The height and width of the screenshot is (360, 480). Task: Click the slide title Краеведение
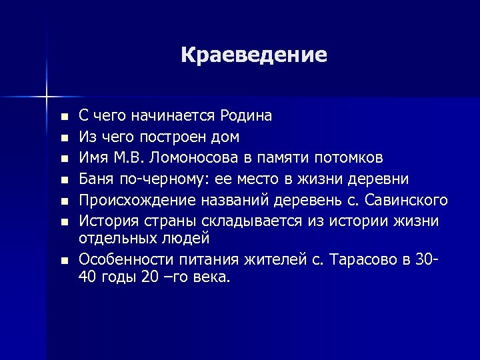coord(253,55)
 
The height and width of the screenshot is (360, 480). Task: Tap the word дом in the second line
coord(226,137)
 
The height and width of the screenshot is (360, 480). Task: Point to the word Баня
coord(95,179)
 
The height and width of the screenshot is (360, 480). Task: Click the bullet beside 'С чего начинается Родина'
coord(63,117)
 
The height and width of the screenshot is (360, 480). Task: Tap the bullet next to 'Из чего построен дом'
coord(63,138)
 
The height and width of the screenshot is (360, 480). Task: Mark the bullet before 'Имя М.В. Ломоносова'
coord(63,159)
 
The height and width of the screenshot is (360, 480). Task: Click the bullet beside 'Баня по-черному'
coord(63,181)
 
